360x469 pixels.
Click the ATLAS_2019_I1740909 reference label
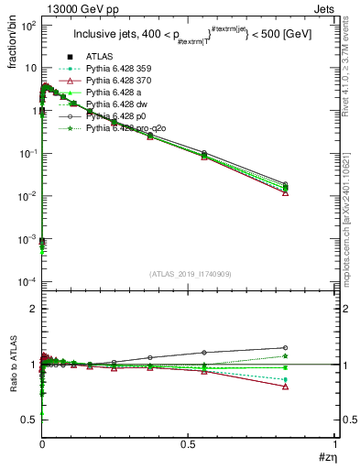tap(190, 274)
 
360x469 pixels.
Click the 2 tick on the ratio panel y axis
tap(32, 309)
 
